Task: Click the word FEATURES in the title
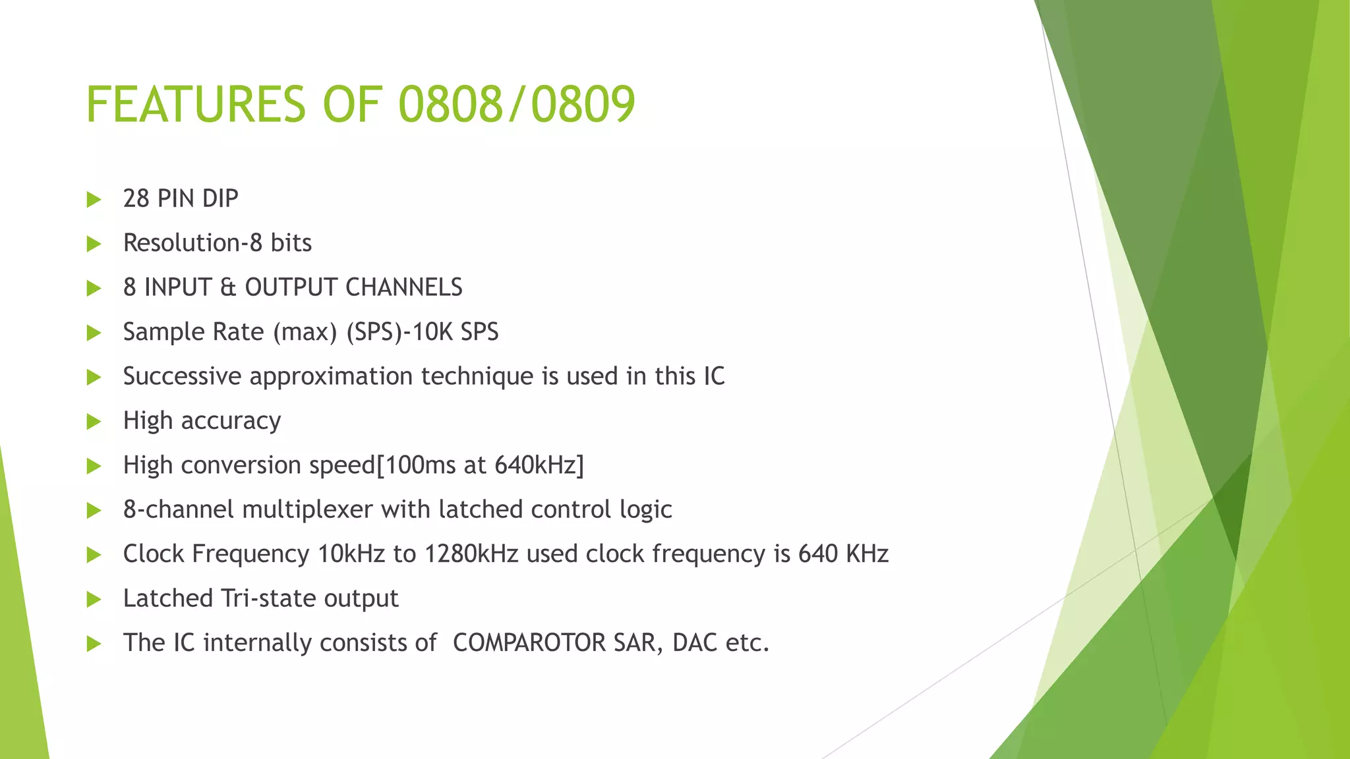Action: (x=196, y=105)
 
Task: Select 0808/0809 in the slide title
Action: (x=517, y=105)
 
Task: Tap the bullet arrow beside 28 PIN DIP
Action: (x=94, y=200)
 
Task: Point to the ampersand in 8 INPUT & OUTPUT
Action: (x=228, y=287)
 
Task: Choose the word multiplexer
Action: (x=308, y=509)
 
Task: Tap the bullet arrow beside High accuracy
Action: (x=94, y=422)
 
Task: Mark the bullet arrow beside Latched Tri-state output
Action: (x=94, y=600)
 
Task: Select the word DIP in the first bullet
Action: (x=220, y=198)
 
